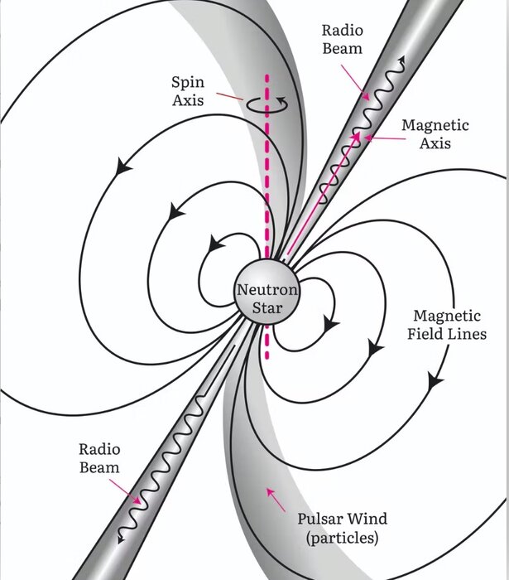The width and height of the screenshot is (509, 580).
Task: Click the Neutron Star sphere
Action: (x=267, y=299)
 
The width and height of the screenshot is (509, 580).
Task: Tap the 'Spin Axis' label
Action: (x=188, y=92)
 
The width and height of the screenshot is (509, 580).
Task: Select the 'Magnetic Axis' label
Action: (x=435, y=134)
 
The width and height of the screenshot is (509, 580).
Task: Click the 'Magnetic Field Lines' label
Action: (x=448, y=325)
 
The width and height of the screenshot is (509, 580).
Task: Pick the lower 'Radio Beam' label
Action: (x=99, y=458)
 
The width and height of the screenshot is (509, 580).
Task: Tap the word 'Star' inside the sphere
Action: (x=267, y=308)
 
